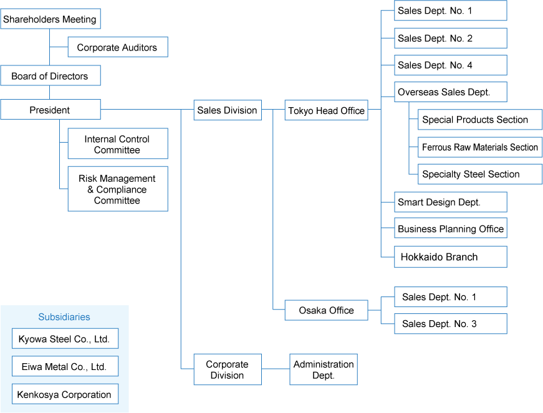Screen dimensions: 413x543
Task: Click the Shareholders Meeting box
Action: [x=50, y=19]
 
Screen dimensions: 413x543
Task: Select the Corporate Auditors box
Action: [x=117, y=47]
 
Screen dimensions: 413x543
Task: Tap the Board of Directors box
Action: [x=50, y=76]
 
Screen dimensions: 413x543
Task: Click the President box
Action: [x=50, y=110]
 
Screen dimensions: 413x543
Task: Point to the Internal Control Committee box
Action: [x=117, y=145]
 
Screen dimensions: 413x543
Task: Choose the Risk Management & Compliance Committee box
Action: [x=117, y=189]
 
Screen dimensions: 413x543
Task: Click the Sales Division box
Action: [x=227, y=110]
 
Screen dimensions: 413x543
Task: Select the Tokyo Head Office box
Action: [x=326, y=111]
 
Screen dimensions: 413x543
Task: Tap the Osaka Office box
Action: [x=326, y=310]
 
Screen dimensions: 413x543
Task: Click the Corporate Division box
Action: [x=227, y=369]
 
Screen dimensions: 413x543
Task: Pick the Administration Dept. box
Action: [x=324, y=369]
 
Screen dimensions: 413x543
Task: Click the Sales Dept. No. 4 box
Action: [x=450, y=65]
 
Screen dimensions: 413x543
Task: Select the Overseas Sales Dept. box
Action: [x=450, y=92]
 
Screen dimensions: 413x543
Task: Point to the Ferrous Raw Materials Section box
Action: [x=479, y=148]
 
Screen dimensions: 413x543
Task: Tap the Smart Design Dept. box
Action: [x=450, y=202]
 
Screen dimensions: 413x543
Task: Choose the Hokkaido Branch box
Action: [x=450, y=257]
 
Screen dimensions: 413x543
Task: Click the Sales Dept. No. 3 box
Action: [x=450, y=324]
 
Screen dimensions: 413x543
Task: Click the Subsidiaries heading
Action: [x=64, y=317]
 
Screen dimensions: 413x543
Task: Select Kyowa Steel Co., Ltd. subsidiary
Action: [x=64, y=339]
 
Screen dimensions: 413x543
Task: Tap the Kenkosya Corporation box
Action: [x=64, y=394]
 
